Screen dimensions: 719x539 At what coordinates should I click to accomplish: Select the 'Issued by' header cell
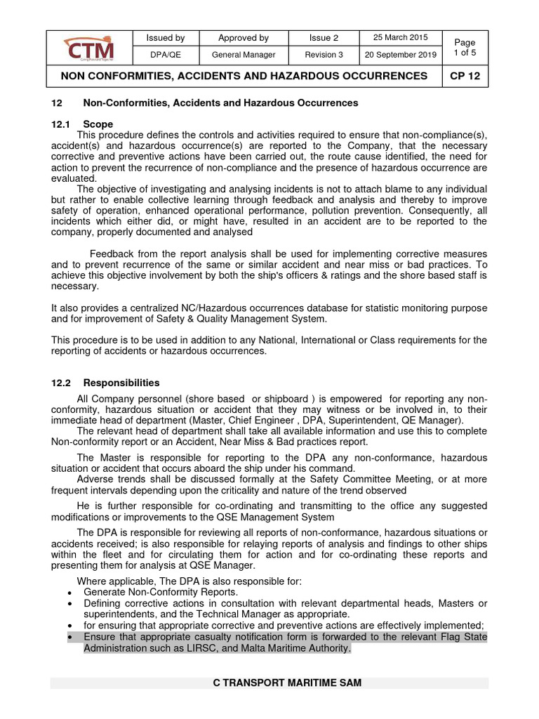click(165, 38)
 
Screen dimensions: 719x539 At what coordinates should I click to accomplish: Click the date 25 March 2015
click(399, 37)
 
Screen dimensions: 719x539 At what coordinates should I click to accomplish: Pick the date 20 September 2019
click(399, 55)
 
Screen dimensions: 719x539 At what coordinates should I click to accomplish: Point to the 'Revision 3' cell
click(324, 55)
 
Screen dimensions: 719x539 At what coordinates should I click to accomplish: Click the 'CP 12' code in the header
click(465, 76)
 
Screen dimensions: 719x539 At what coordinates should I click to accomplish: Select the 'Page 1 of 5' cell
click(465, 47)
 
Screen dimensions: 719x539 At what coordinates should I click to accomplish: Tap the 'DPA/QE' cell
click(165, 55)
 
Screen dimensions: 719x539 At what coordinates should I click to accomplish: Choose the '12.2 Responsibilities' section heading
click(106, 383)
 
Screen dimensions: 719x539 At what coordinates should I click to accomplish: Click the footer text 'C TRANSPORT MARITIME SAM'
click(288, 682)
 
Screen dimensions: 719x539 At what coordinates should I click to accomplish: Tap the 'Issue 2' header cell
click(324, 38)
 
